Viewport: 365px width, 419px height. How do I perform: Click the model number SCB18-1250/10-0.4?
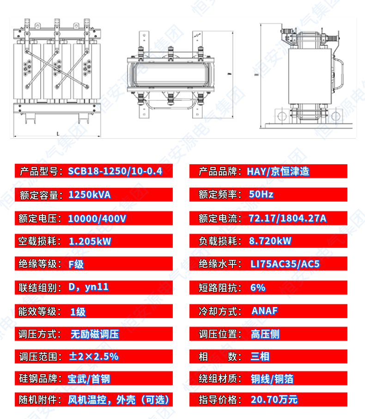[x=115, y=171]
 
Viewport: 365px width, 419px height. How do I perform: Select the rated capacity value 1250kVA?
[x=90, y=194]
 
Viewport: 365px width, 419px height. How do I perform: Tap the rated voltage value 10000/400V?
[x=97, y=218]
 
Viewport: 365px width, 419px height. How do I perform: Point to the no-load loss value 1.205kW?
[x=90, y=241]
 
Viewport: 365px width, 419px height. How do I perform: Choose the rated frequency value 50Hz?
[x=261, y=194]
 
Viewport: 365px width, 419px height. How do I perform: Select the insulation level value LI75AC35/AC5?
[x=285, y=264]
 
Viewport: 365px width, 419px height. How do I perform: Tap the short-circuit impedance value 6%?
[x=258, y=287]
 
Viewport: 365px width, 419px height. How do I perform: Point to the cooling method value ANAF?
[x=265, y=310]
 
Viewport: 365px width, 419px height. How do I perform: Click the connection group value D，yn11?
[x=89, y=287]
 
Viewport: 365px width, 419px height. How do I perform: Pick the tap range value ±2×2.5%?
[x=94, y=356]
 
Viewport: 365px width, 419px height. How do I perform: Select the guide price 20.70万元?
[x=274, y=400]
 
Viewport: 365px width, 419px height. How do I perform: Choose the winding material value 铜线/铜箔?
[x=272, y=379]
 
